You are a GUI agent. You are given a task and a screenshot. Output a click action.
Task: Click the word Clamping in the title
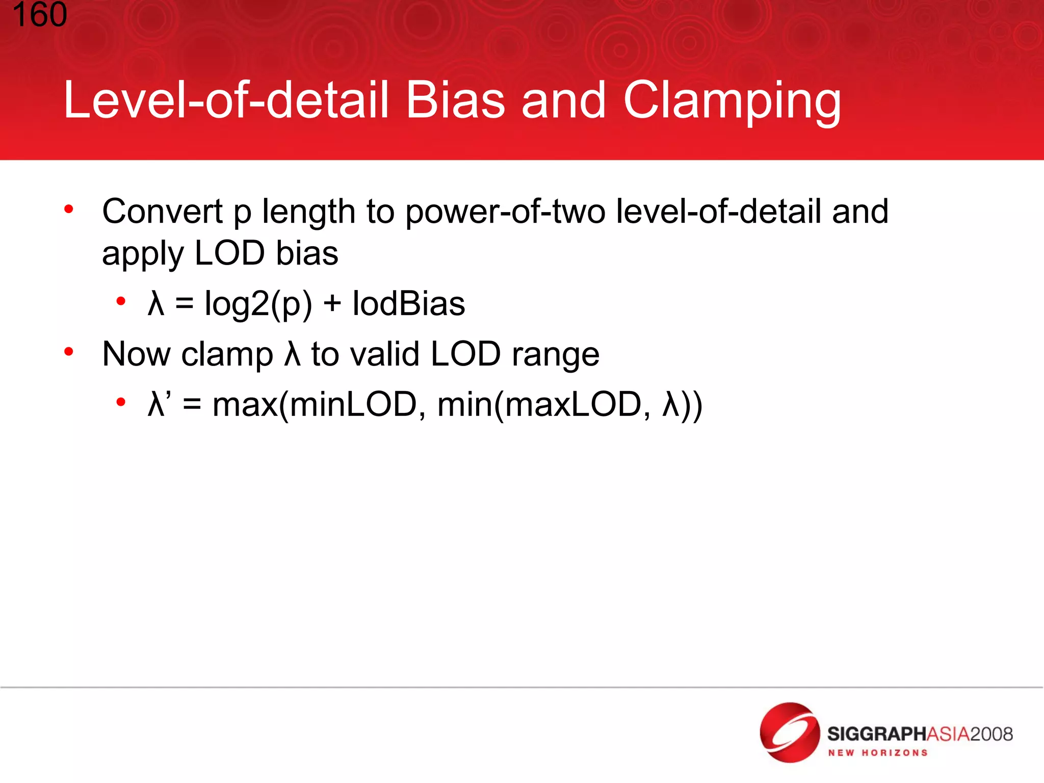click(732, 101)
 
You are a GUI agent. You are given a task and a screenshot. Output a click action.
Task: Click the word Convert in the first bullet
click(163, 211)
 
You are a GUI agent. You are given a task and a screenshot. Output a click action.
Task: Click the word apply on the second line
click(142, 254)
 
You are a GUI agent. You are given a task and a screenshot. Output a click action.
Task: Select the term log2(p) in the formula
click(258, 304)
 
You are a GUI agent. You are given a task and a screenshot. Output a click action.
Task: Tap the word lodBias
click(409, 303)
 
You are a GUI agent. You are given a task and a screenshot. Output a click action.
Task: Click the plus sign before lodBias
click(332, 304)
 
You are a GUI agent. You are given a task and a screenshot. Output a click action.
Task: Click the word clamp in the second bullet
click(227, 354)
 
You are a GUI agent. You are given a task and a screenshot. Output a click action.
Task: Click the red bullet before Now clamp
click(69, 351)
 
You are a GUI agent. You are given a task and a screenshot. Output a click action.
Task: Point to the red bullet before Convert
click(69, 208)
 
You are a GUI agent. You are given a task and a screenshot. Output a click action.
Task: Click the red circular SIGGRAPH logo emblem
click(789, 733)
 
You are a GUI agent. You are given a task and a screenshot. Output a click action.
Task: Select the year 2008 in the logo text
click(991, 734)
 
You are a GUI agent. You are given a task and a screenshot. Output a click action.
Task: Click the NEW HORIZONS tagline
click(877, 753)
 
